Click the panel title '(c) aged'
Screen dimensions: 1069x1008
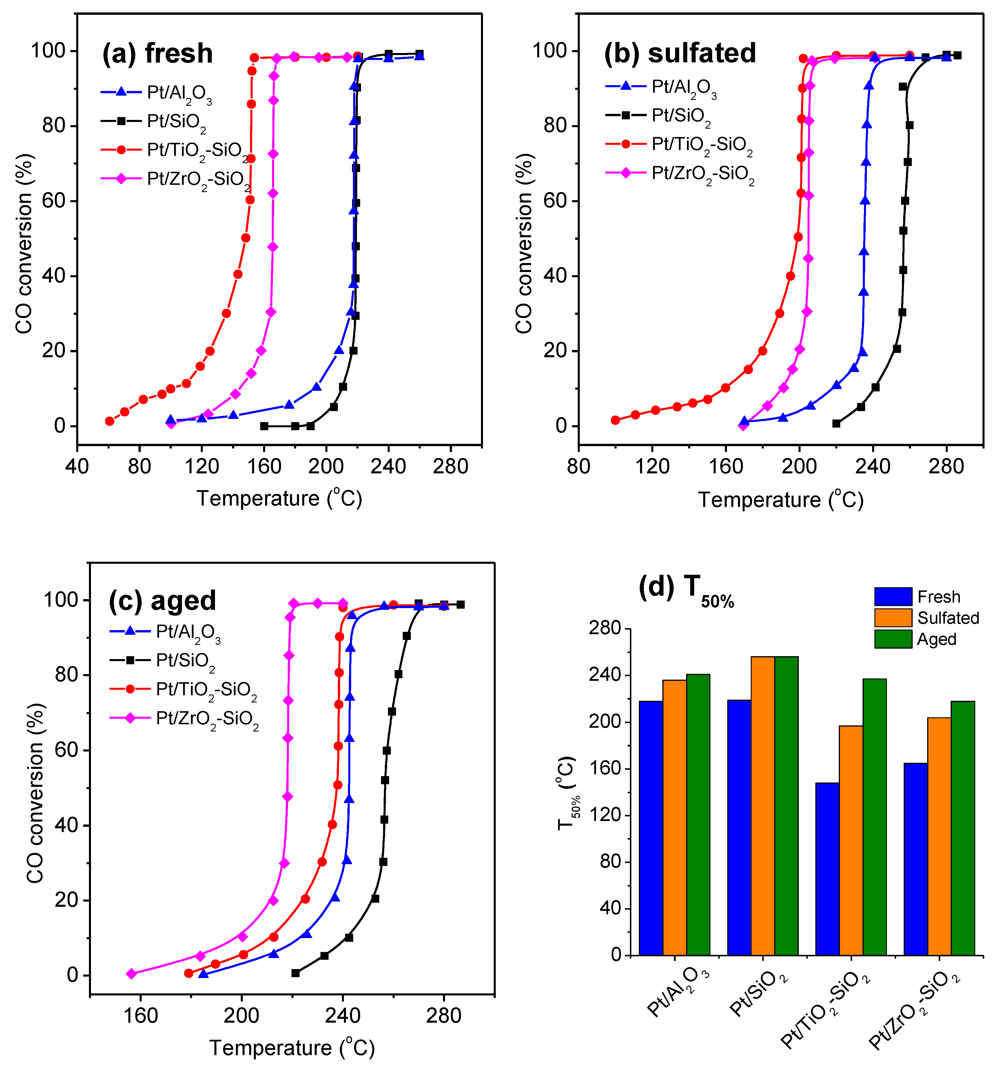tap(163, 601)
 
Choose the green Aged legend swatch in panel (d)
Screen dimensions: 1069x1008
tap(893, 639)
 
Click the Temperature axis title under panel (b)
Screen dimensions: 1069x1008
tap(781, 500)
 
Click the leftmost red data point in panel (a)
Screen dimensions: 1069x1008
tap(110, 421)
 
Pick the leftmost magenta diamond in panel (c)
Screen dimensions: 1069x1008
tap(131, 974)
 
